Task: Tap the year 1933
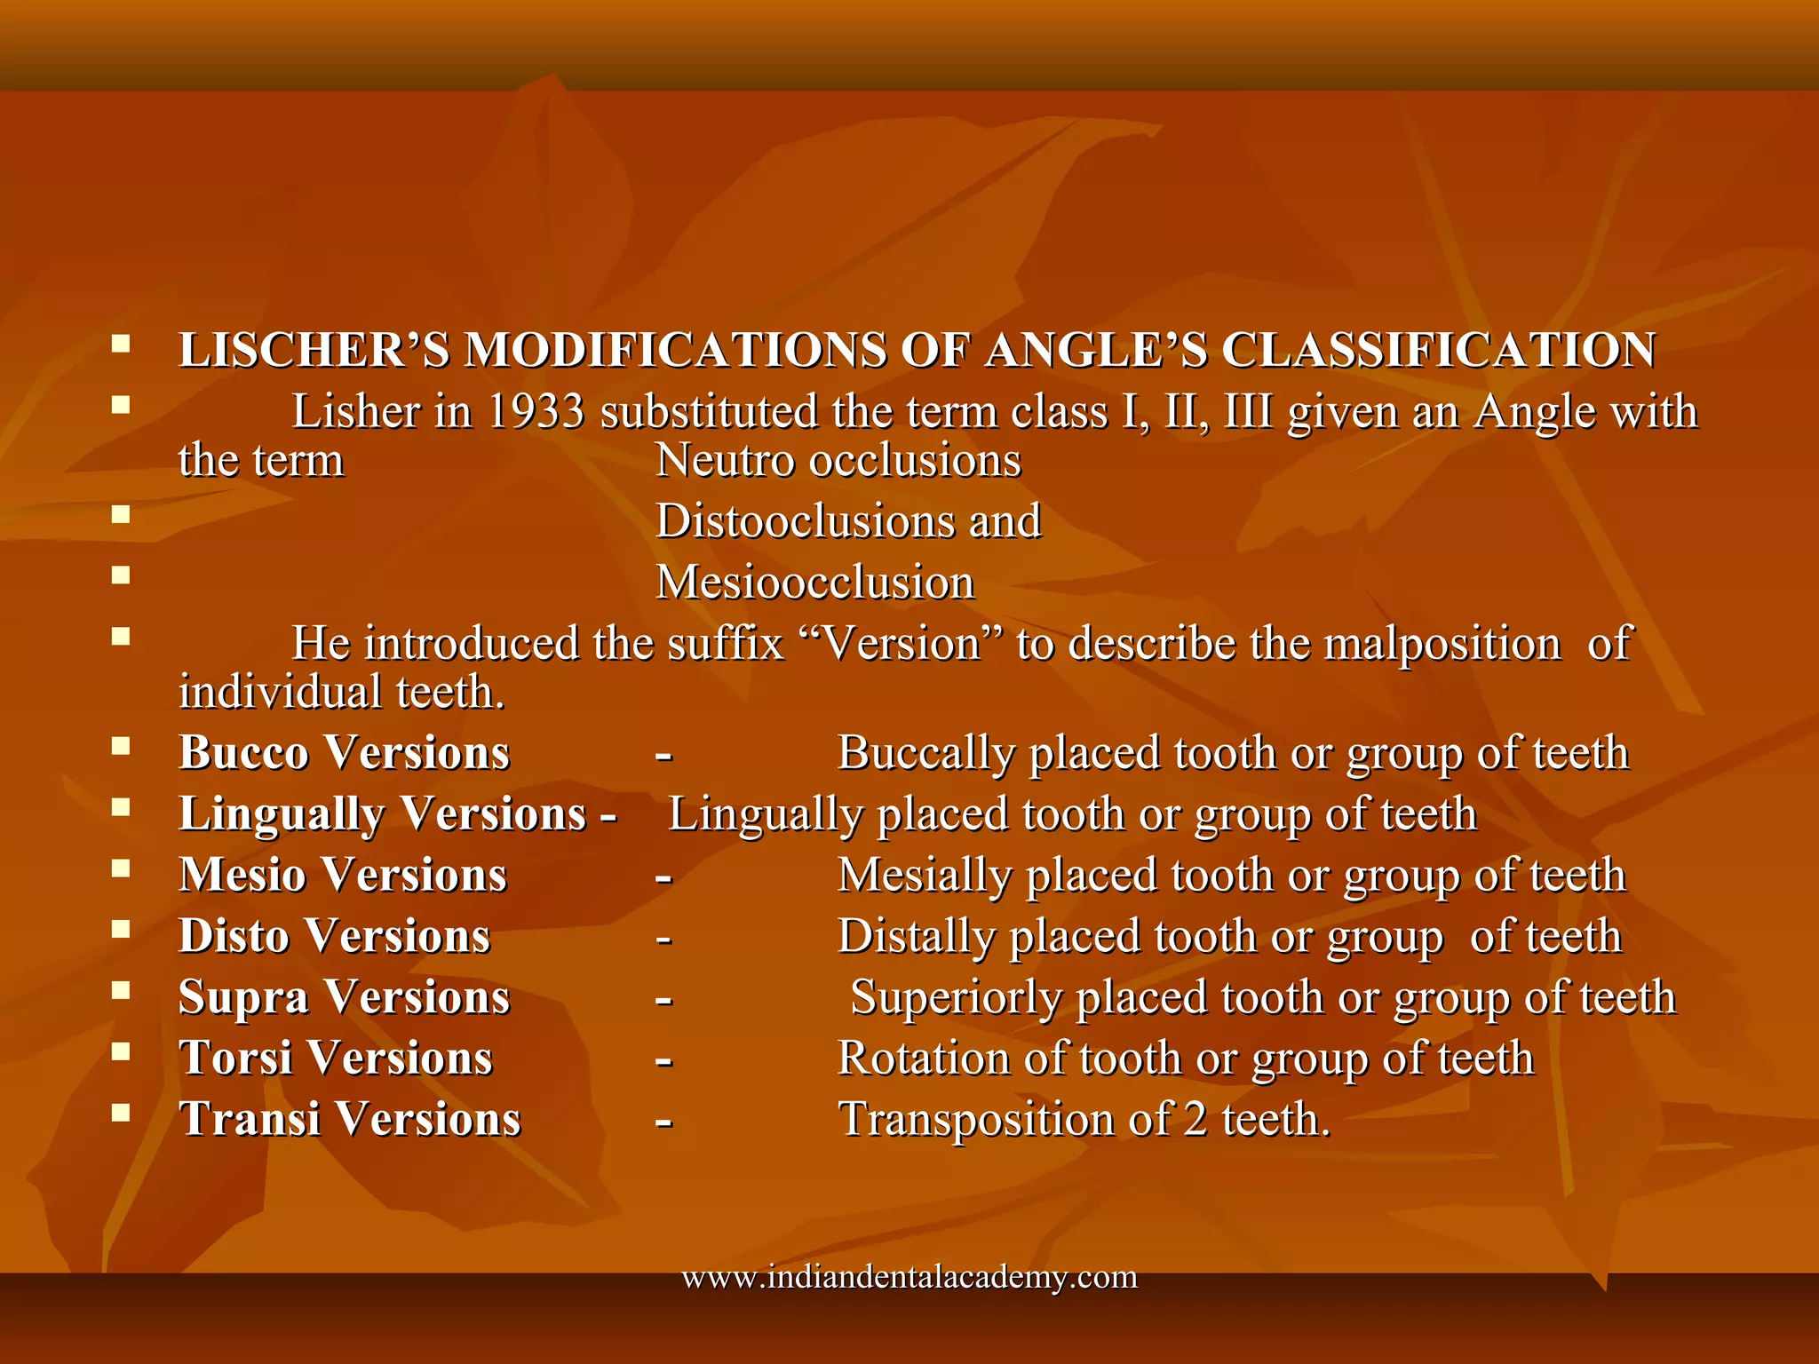536,412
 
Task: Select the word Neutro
724,461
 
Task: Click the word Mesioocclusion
814,583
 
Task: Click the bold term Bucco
243,753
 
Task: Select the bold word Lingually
282,814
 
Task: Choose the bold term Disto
234,936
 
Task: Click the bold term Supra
242,997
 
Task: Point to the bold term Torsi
235,1059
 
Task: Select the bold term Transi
250,1119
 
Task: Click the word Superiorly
956,998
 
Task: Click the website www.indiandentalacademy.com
909,1277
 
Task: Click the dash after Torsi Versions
663,1060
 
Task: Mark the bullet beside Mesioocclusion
121,575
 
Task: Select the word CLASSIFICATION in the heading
1438,350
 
